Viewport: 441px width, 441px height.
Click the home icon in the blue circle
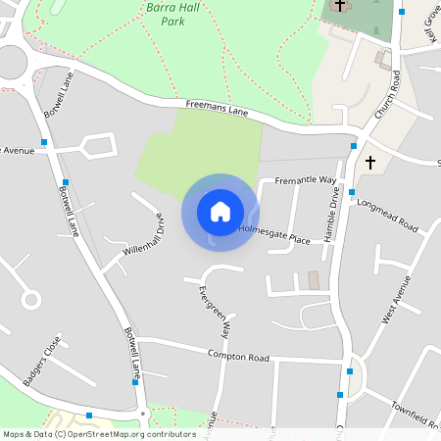(x=220, y=212)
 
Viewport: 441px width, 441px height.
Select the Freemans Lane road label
(x=217, y=109)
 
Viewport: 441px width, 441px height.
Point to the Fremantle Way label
(x=305, y=181)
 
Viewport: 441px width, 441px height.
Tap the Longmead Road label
(x=388, y=216)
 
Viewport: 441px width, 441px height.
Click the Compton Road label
(x=237, y=358)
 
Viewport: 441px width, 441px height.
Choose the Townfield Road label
(x=416, y=412)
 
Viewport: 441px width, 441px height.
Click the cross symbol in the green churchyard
(x=340, y=6)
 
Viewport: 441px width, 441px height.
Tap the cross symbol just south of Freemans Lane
(x=369, y=161)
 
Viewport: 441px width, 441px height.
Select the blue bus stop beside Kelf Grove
(x=401, y=12)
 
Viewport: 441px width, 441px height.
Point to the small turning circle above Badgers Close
(x=30, y=299)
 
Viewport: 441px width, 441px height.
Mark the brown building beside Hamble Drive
(x=314, y=280)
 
